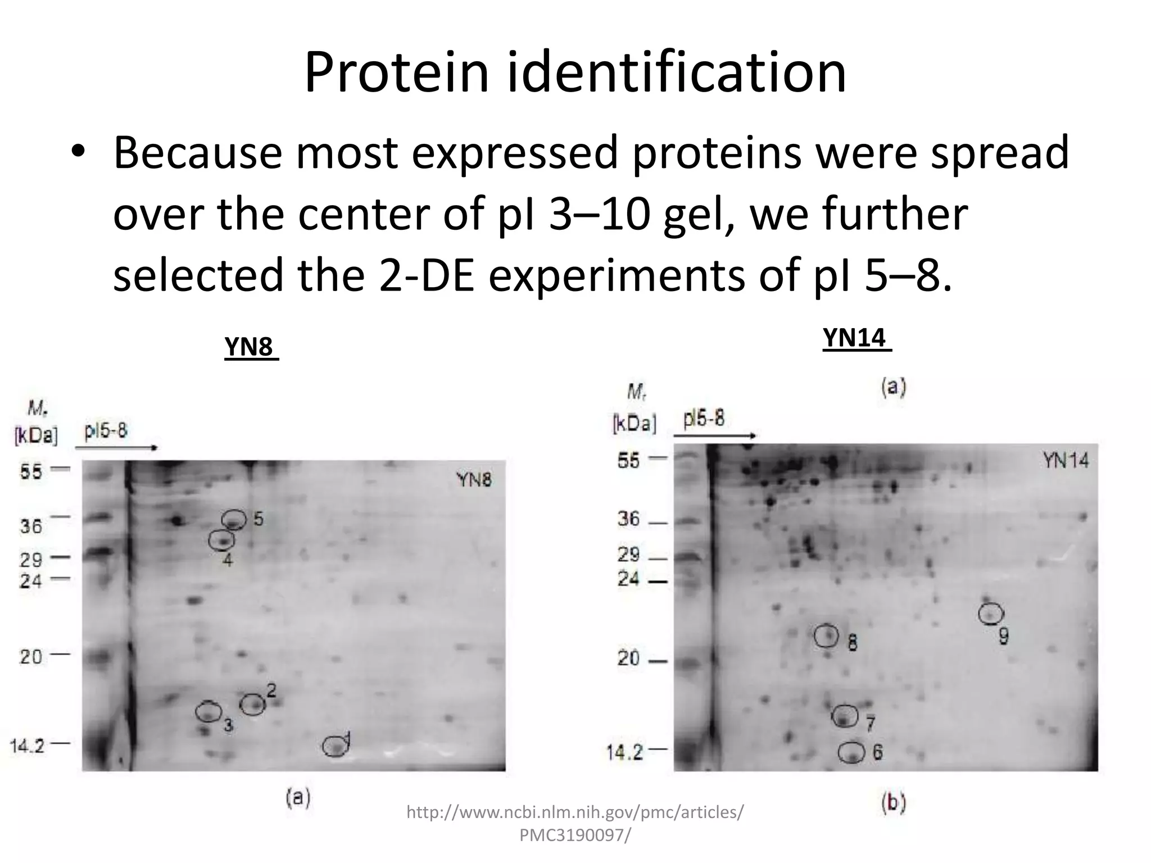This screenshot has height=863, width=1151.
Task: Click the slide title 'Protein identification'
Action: pyautogui.click(x=575, y=73)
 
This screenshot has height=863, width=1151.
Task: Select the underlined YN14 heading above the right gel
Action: pyautogui.click(x=856, y=338)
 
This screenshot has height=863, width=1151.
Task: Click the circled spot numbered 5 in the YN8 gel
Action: pyautogui.click(x=234, y=520)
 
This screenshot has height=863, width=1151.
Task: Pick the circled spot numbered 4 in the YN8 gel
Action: pyautogui.click(x=221, y=540)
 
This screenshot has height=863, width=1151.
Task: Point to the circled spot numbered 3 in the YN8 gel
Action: pyautogui.click(x=209, y=711)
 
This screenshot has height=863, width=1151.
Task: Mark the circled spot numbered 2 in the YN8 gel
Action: pyautogui.click(x=252, y=704)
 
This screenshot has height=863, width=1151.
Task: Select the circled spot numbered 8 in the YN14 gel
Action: pyautogui.click(x=827, y=635)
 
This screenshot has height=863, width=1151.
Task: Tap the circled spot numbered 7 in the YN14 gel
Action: pyautogui.click(x=845, y=716)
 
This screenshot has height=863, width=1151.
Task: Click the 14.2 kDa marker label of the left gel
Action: pyautogui.click(x=27, y=746)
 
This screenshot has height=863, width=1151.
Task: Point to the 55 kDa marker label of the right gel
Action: pyautogui.click(x=628, y=461)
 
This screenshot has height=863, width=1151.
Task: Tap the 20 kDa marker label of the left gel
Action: pyautogui.click(x=31, y=656)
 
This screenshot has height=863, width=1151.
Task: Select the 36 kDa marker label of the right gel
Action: pyautogui.click(x=628, y=519)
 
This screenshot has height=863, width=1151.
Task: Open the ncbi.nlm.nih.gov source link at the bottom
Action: pyautogui.click(x=575, y=823)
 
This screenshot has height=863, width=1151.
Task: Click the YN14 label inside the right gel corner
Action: pyautogui.click(x=1066, y=461)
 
